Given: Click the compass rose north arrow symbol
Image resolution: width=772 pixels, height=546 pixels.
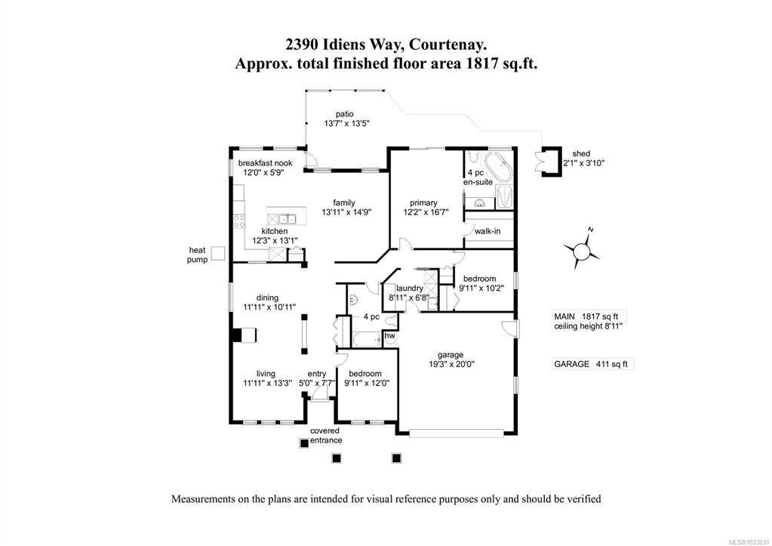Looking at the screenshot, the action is point(582,249).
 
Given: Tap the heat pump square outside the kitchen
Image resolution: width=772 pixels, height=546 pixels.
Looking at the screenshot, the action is point(217,254).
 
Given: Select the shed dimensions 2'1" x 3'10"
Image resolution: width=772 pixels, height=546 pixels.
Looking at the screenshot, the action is point(583,162).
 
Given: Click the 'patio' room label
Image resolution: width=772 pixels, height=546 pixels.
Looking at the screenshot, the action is point(345,114).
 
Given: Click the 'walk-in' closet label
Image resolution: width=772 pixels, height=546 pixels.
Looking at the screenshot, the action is point(487,230).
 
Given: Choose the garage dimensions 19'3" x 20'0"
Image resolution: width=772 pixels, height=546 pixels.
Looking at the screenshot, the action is point(451,365).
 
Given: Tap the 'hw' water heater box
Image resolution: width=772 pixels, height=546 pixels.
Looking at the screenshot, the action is point(390,336).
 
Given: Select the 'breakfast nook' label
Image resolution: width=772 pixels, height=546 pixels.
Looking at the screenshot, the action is point(266,163).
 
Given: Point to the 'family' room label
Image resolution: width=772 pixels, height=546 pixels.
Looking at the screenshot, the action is point(343,202).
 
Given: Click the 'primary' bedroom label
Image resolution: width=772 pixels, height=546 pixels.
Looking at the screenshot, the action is point(423,202).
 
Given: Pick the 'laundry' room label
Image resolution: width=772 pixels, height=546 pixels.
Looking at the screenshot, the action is point(409,288).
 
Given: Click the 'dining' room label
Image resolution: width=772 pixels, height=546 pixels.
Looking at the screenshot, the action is point(267,298).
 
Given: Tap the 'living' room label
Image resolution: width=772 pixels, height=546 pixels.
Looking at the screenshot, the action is point(266,374).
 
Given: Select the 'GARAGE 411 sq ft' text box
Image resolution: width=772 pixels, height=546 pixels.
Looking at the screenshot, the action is point(592,364).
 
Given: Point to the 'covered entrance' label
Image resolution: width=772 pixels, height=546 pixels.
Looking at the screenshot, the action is point(326,436).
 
